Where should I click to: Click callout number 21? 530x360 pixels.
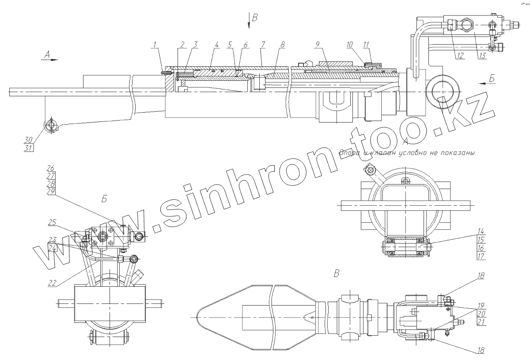point(481,322)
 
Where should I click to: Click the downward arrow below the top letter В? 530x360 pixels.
point(249,26)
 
